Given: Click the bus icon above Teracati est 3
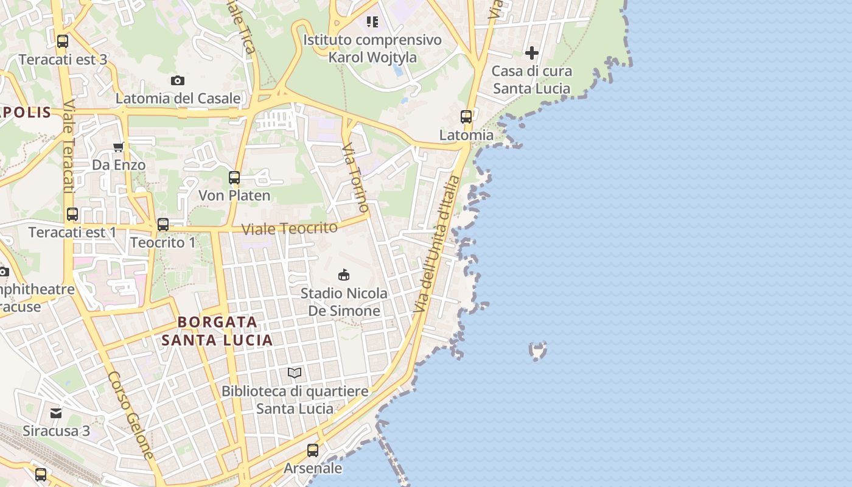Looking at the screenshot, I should click(x=62, y=41).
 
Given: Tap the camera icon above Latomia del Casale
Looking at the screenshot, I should click(x=178, y=80).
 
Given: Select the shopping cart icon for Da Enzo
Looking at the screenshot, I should click(x=119, y=147).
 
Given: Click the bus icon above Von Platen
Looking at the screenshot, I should click(x=234, y=178).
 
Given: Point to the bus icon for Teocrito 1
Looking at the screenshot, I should click(x=163, y=224).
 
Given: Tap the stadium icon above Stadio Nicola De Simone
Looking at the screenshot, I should click(x=344, y=275).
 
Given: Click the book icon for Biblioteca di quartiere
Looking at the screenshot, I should click(x=295, y=373).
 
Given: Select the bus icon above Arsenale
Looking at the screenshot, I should click(x=313, y=450).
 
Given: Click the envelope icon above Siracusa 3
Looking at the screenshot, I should click(x=56, y=413).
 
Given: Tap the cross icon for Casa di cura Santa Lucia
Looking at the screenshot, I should click(x=532, y=53).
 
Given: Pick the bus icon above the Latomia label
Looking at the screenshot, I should click(x=466, y=117).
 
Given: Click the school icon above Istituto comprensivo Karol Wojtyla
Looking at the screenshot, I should click(x=372, y=23).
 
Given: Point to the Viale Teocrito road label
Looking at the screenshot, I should click(x=290, y=229).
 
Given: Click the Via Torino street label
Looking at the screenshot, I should click(x=355, y=178).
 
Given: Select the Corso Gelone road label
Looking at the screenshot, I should click(x=131, y=415).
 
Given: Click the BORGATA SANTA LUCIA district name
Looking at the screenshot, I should click(x=217, y=331).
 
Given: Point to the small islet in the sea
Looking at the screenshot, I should click(x=538, y=350).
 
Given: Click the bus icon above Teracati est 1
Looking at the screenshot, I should click(x=72, y=214).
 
